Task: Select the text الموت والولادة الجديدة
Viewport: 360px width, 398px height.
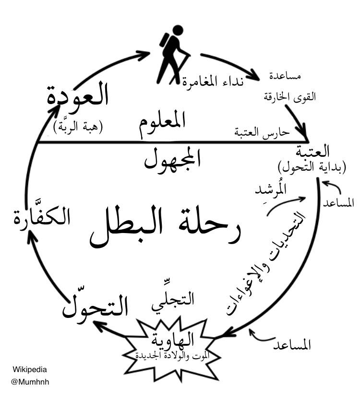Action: click(x=171, y=355)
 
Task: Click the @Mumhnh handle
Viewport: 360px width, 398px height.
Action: click(x=30, y=382)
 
